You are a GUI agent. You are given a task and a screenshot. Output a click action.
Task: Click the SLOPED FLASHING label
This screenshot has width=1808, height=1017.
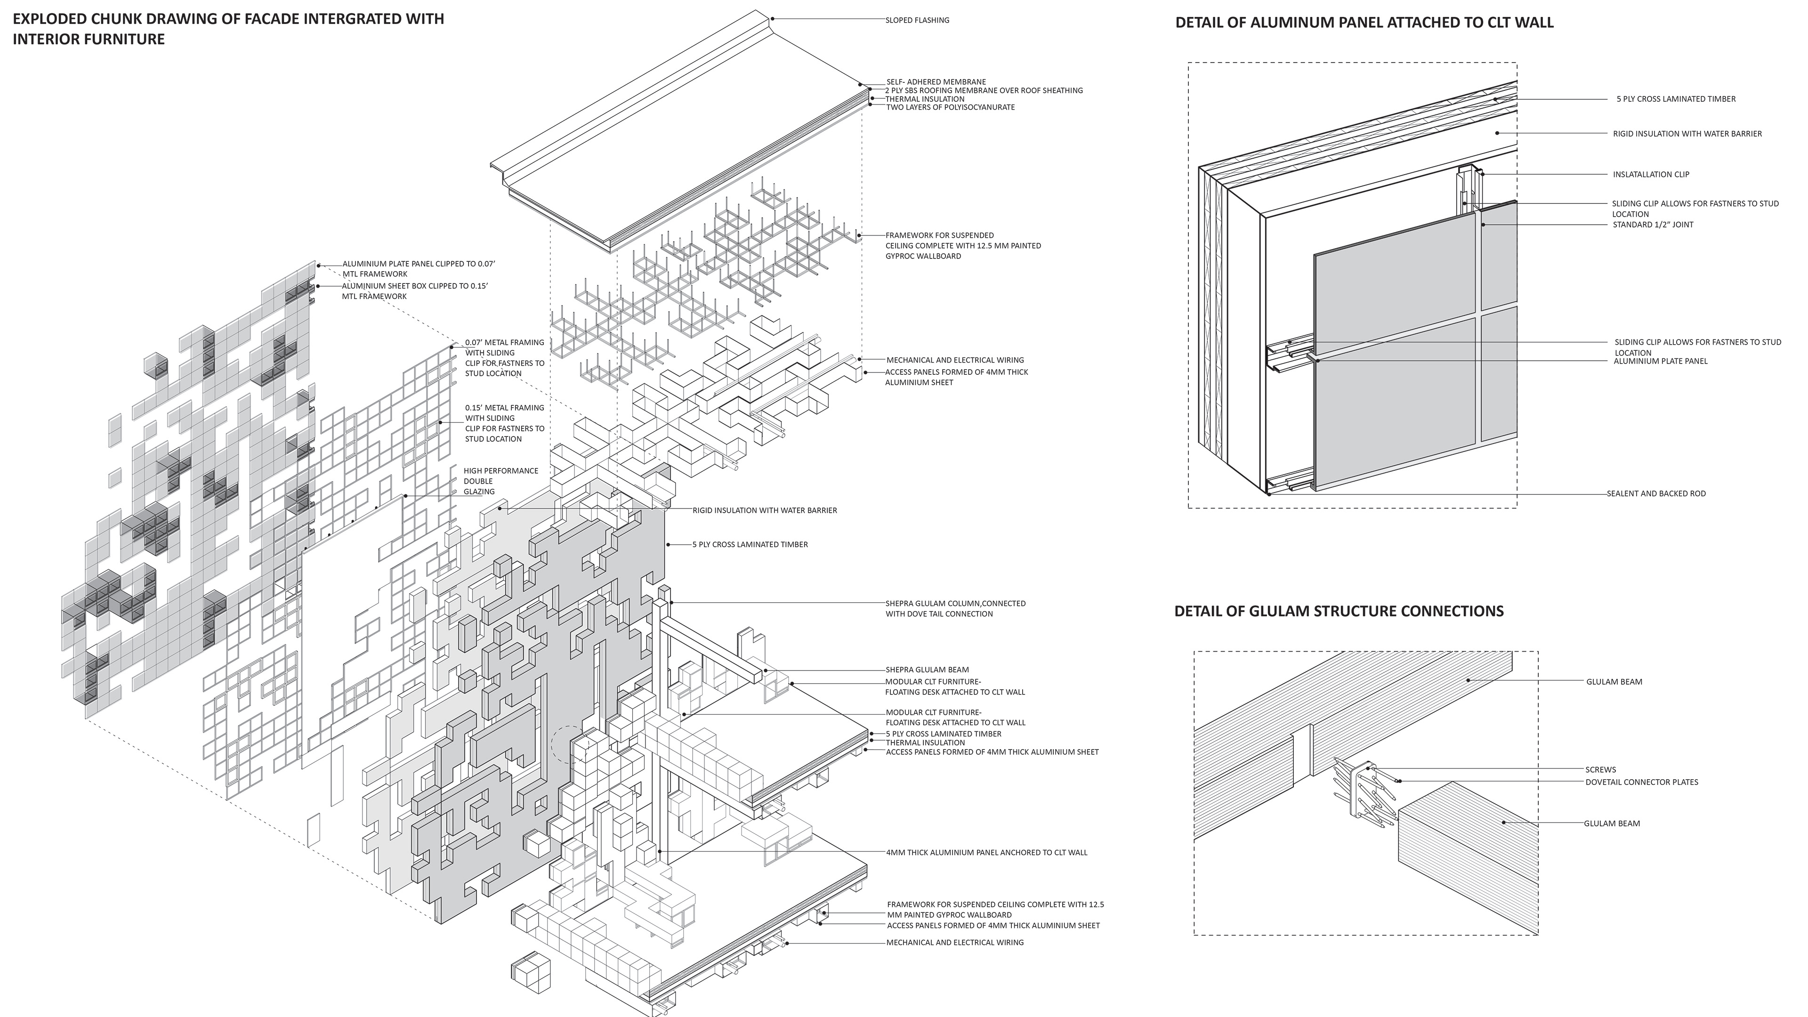917,20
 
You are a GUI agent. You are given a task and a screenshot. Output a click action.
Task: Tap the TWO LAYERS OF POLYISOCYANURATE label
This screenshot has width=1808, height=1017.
950,107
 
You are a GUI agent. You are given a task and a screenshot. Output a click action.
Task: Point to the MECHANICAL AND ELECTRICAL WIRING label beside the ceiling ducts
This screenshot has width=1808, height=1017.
954,360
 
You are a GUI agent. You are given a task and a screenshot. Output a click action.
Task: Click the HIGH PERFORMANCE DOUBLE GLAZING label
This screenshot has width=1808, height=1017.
500,481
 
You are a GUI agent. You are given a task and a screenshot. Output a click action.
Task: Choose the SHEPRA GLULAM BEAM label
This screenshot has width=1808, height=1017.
927,670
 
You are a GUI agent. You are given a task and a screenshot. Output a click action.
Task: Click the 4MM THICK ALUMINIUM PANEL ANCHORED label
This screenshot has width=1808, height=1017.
986,853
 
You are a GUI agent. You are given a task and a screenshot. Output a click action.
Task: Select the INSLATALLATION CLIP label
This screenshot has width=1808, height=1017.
1651,175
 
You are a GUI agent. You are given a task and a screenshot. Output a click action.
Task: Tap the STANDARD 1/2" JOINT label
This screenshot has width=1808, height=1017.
1653,225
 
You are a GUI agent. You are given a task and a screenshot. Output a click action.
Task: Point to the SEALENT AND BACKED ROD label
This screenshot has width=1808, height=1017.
1656,493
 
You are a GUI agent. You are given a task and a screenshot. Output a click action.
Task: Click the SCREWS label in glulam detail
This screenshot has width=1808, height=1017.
1600,770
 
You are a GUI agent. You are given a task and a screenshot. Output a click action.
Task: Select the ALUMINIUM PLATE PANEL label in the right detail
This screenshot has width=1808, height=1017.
1660,362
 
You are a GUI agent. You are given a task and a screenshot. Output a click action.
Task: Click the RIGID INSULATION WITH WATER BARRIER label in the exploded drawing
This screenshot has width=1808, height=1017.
764,510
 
